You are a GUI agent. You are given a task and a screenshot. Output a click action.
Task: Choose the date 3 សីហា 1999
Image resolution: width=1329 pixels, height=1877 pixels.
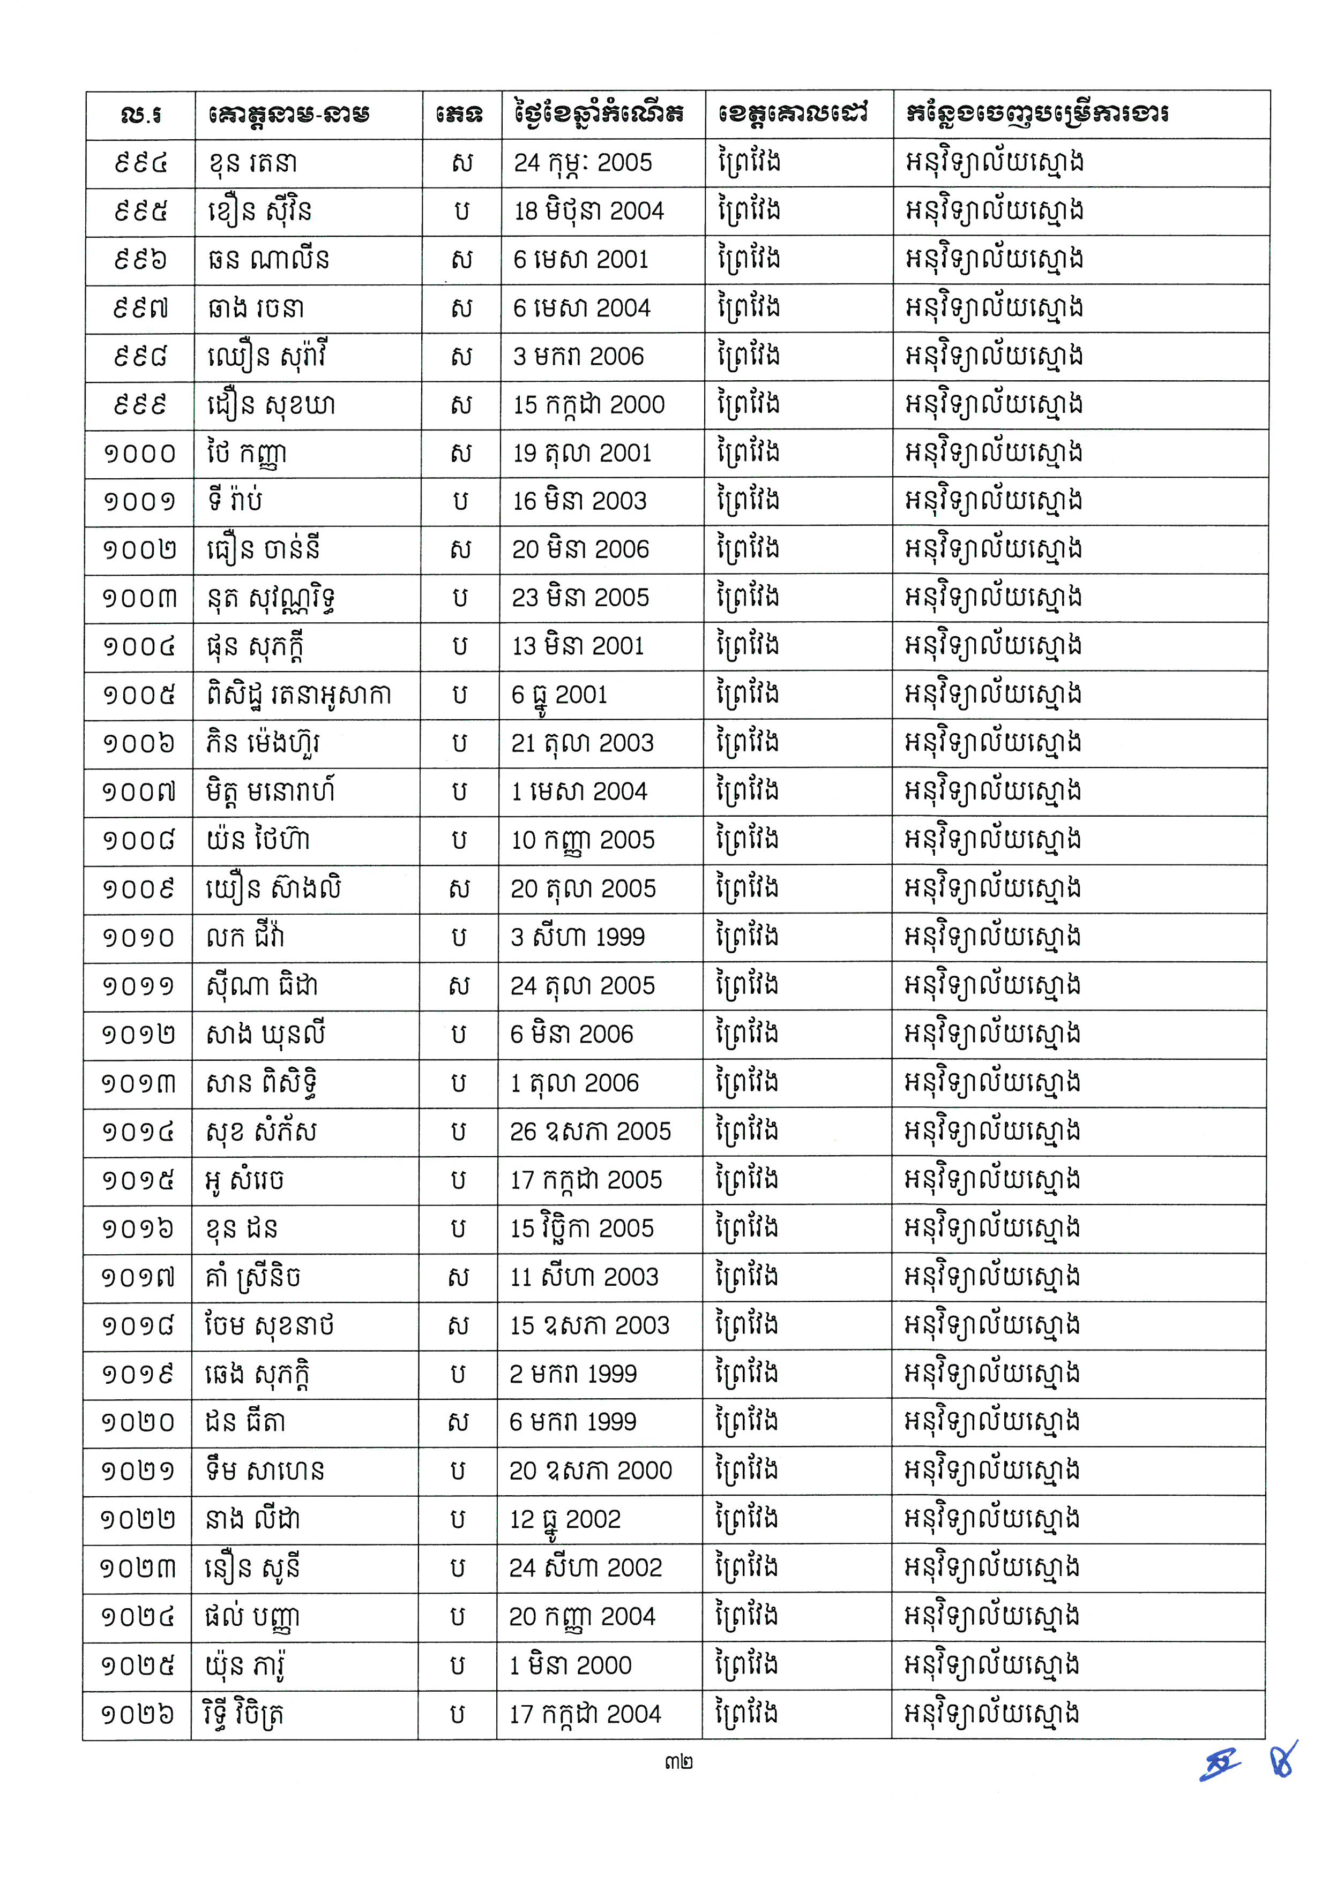click(577, 937)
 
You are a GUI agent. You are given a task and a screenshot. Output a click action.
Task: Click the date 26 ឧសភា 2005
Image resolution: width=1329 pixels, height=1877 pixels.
click(590, 1132)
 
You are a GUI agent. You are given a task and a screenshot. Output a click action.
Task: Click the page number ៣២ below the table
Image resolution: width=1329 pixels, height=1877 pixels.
click(678, 1762)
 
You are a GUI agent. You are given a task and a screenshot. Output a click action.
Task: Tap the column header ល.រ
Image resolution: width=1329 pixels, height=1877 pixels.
click(140, 115)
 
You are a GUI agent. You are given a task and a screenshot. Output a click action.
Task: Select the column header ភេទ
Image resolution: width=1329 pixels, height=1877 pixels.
click(461, 115)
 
